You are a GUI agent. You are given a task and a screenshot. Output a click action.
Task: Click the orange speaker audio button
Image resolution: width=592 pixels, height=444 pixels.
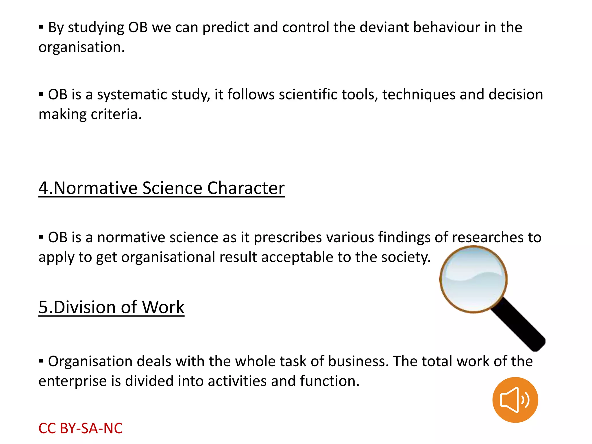coord(515,400)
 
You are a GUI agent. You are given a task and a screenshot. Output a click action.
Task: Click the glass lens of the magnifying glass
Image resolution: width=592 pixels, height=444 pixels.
coord(473,279)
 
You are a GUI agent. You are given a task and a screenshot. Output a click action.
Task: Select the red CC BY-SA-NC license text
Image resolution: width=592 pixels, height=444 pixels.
coord(80,428)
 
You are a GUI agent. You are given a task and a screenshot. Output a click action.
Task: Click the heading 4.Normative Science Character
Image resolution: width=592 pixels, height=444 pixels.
coord(162,188)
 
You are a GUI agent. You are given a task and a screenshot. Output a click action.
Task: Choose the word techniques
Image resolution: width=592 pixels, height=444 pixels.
coord(419,95)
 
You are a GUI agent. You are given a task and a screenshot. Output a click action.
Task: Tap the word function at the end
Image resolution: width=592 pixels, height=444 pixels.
coord(329,381)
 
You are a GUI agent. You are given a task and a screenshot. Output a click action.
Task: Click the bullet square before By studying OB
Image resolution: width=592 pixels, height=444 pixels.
coord(41,27)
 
